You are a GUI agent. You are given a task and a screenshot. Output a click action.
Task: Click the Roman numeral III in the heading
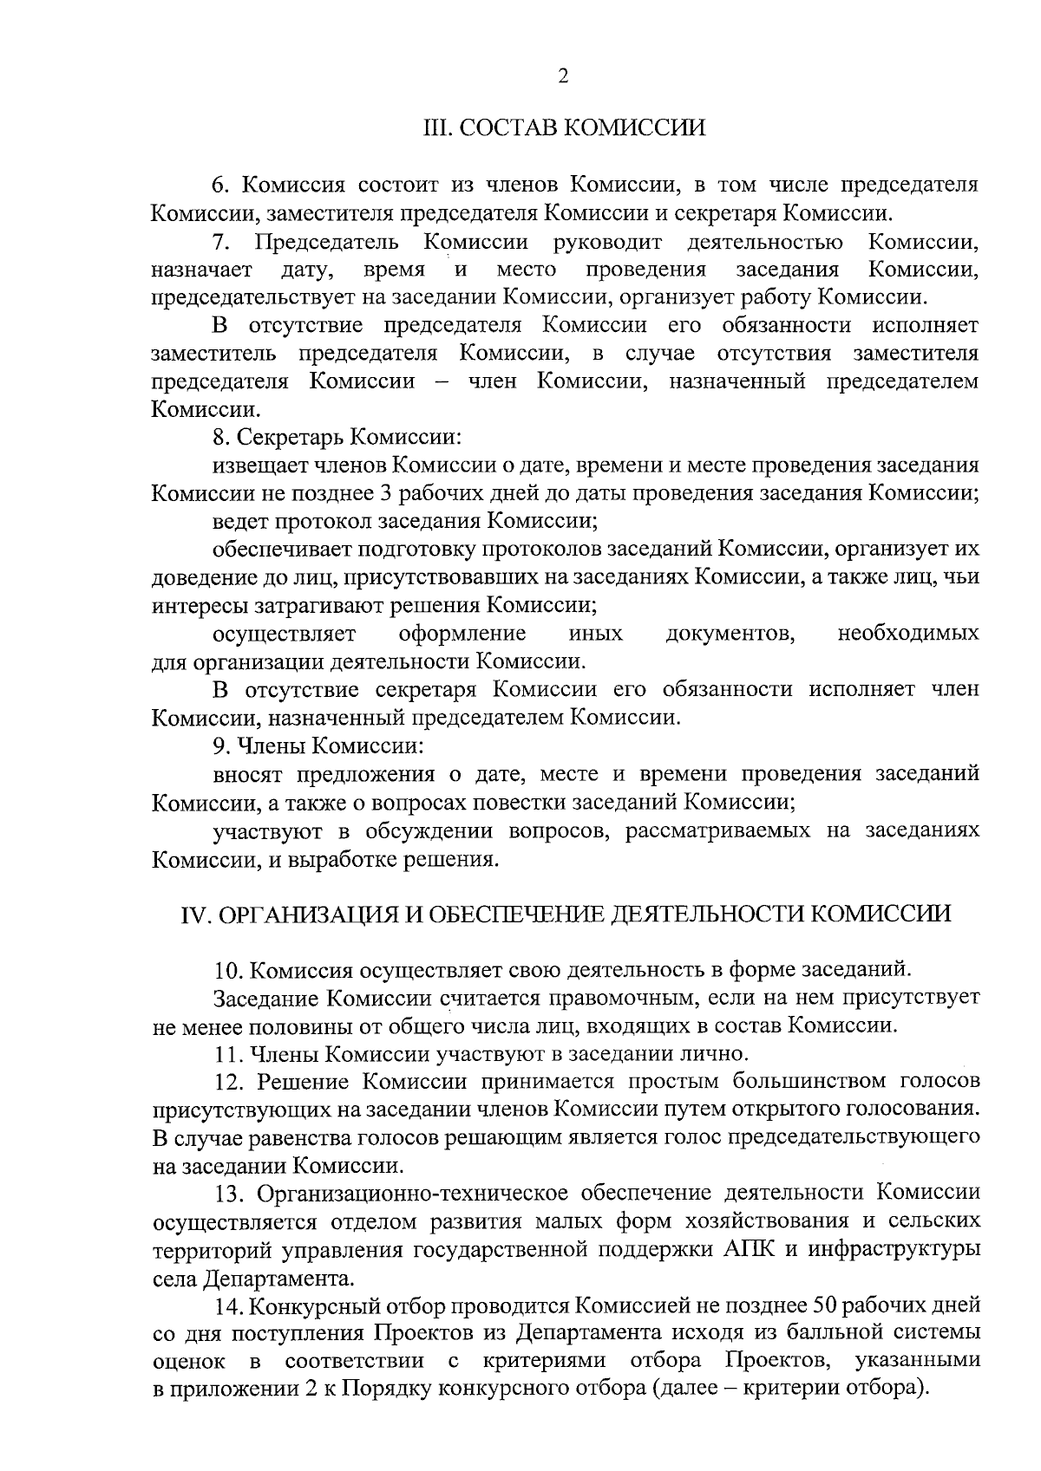[433, 128]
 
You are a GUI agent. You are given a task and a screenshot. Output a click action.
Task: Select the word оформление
[462, 633]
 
